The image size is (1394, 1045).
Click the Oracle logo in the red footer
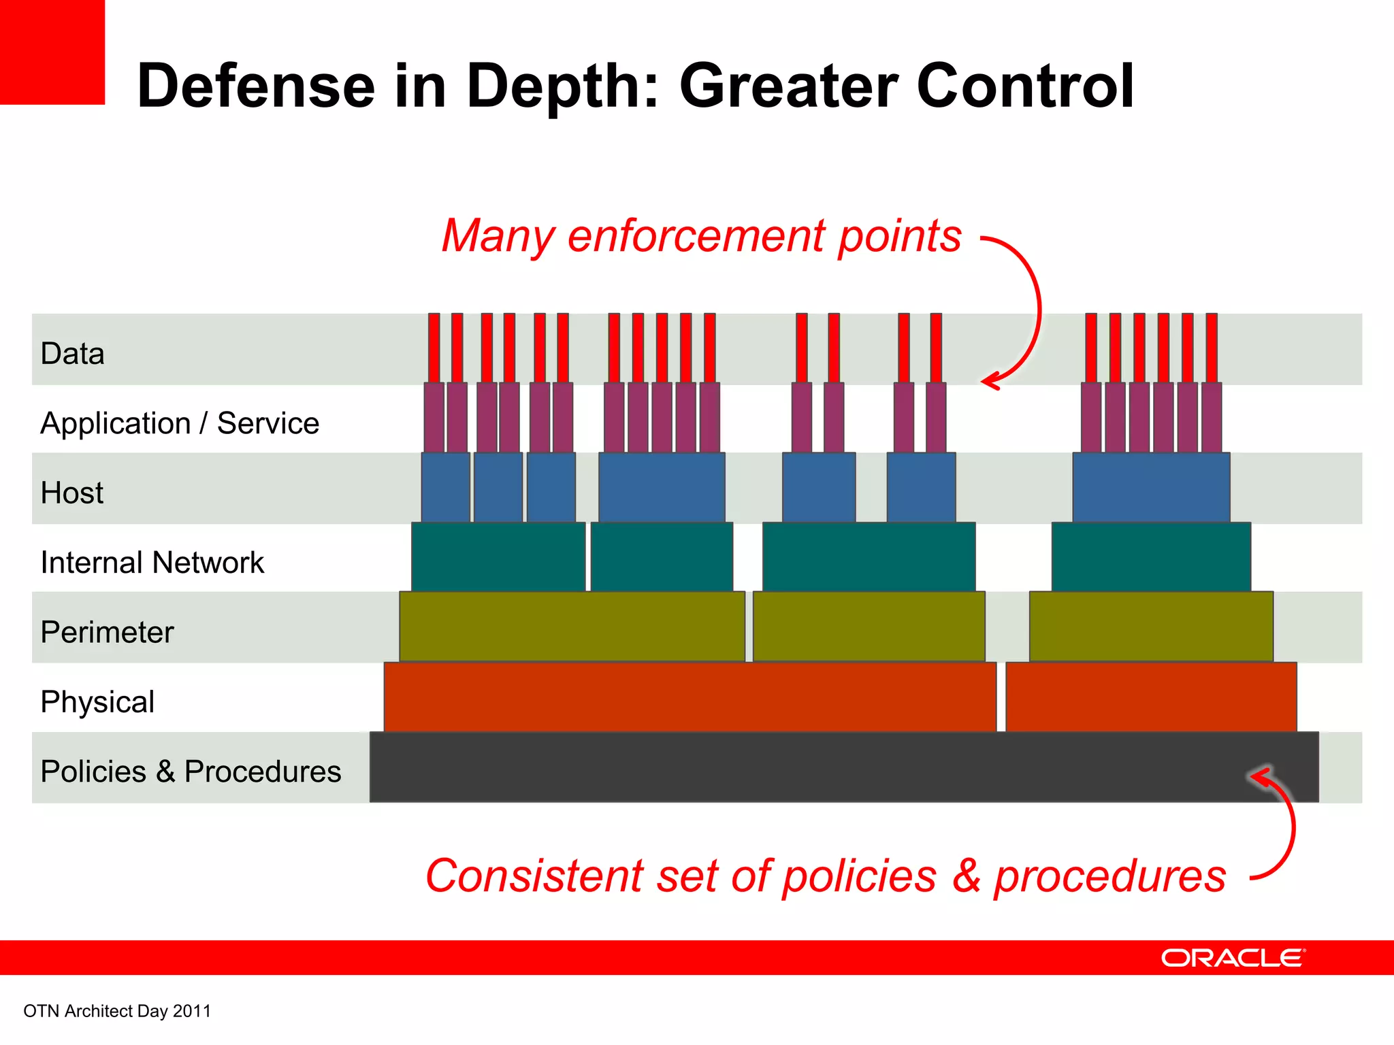[1232, 958]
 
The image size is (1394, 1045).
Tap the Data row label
[72, 354]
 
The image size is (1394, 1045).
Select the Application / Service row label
[180, 423]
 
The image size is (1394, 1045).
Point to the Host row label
[72, 493]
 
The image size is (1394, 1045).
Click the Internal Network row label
[152, 563]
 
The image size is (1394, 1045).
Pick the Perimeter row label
[107, 632]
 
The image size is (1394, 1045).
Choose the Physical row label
[97, 702]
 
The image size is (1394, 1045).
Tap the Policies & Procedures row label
[191, 772]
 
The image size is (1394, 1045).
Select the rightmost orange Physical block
[1151, 697]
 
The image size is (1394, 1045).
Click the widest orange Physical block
[690, 697]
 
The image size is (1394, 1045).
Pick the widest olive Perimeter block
[572, 627]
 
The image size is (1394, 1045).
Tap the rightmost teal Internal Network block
[1151, 557]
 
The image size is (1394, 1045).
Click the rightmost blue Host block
[1151, 488]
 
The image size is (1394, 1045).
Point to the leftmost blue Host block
[445, 488]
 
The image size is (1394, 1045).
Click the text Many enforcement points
[701, 236]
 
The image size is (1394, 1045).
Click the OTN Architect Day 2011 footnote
[117, 1011]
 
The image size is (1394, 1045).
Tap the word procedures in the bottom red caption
[1109, 876]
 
